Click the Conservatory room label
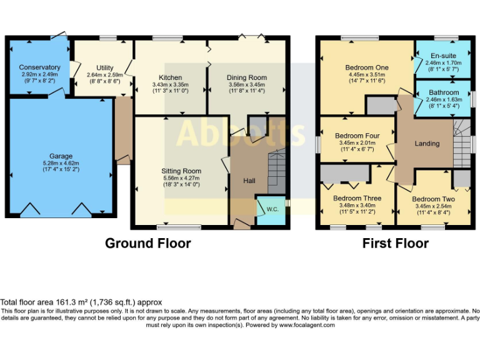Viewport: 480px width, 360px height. pos(39,67)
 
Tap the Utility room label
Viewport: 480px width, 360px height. pos(105,67)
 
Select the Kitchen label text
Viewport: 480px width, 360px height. pos(171,77)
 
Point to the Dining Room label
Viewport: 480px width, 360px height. pos(247,77)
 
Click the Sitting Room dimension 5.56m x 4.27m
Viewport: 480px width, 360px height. pos(181,177)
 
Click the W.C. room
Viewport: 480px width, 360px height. pos(272,209)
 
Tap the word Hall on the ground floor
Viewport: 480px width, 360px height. pos(249,181)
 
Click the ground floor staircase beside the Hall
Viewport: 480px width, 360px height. pos(275,171)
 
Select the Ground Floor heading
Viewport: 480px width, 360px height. pos(147,243)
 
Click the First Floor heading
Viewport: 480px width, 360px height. pos(396,243)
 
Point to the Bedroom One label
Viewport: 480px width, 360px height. pos(367,67)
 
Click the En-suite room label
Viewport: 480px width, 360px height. pos(444,56)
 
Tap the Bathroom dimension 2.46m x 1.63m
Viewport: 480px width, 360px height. pos(444,99)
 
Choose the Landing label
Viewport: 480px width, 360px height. pos(427,144)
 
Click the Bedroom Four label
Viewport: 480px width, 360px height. pos(357,136)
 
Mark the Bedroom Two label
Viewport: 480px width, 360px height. pos(433,199)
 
